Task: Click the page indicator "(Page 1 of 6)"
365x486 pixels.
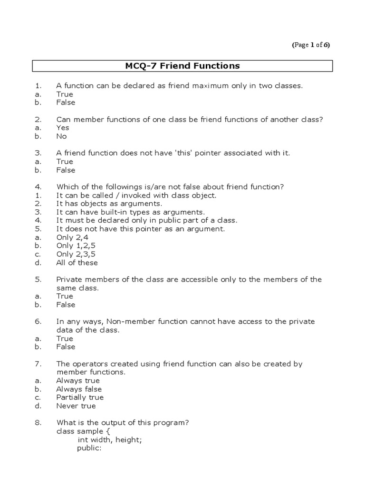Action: point(310,45)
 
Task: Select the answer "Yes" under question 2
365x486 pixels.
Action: point(62,128)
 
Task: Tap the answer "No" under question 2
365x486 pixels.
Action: point(61,136)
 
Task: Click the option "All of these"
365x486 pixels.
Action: point(77,263)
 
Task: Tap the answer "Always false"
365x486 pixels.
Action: point(78,389)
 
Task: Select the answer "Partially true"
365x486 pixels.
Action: point(79,398)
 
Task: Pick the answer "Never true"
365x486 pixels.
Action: point(76,406)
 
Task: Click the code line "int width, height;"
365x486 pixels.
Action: point(110,440)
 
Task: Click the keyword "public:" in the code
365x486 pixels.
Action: point(89,449)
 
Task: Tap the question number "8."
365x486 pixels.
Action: point(39,423)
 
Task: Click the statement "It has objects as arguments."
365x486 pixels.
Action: point(105,204)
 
